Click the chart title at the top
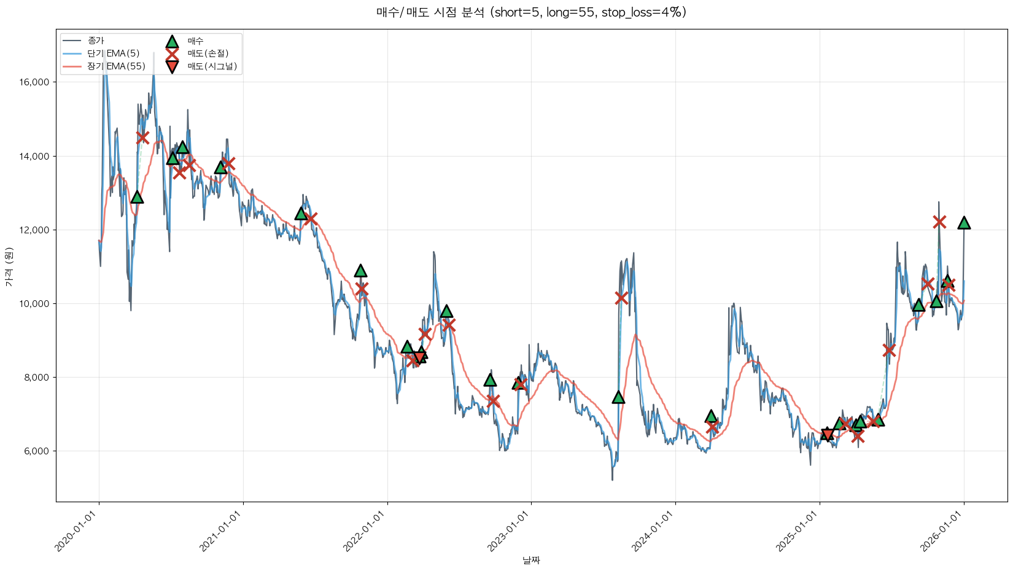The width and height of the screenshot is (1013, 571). tap(531, 12)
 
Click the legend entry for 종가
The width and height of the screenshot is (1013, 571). tap(96, 41)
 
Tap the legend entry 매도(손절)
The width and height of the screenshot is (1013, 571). tap(208, 53)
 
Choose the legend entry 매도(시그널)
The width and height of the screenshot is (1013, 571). tap(212, 66)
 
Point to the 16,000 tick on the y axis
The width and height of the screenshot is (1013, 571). tap(36, 83)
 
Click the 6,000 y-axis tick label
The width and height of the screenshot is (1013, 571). tap(37, 451)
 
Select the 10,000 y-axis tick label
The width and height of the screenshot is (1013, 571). tap(36, 304)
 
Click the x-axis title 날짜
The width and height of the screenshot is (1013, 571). tap(531, 560)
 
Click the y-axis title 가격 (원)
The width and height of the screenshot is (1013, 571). tap(9, 266)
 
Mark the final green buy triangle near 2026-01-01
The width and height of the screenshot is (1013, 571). tap(964, 223)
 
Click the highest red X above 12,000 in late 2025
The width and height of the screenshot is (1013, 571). tap(939, 222)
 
